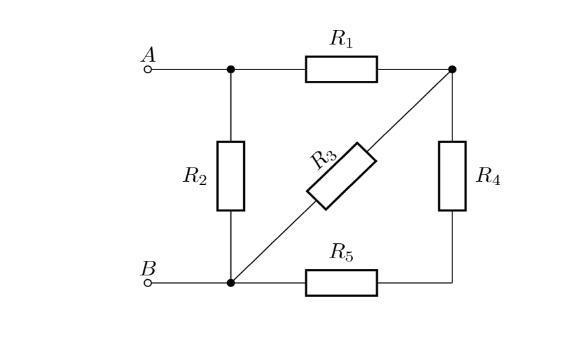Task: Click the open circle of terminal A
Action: [x=148, y=69]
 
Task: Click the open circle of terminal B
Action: [x=148, y=283]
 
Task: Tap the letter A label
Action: [x=149, y=55]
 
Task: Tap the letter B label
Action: [x=149, y=268]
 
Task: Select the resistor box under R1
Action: [x=341, y=69]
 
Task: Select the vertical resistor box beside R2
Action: [x=231, y=176]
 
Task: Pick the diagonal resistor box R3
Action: [x=341, y=176]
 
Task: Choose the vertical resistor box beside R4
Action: [x=453, y=176]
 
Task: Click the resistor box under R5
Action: [x=341, y=283]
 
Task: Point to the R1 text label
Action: [x=341, y=38]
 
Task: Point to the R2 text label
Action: [x=195, y=176]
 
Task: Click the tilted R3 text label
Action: [x=323, y=158]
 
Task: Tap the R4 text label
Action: [x=488, y=176]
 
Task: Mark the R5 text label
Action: [x=342, y=253]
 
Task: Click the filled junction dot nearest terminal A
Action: [x=231, y=69]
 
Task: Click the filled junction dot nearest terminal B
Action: [x=231, y=283]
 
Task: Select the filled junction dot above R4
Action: [x=453, y=69]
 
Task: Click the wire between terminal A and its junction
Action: [x=189, y=69]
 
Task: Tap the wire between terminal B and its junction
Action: [x=189, y=283]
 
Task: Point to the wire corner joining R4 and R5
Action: [x=453, y=283]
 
